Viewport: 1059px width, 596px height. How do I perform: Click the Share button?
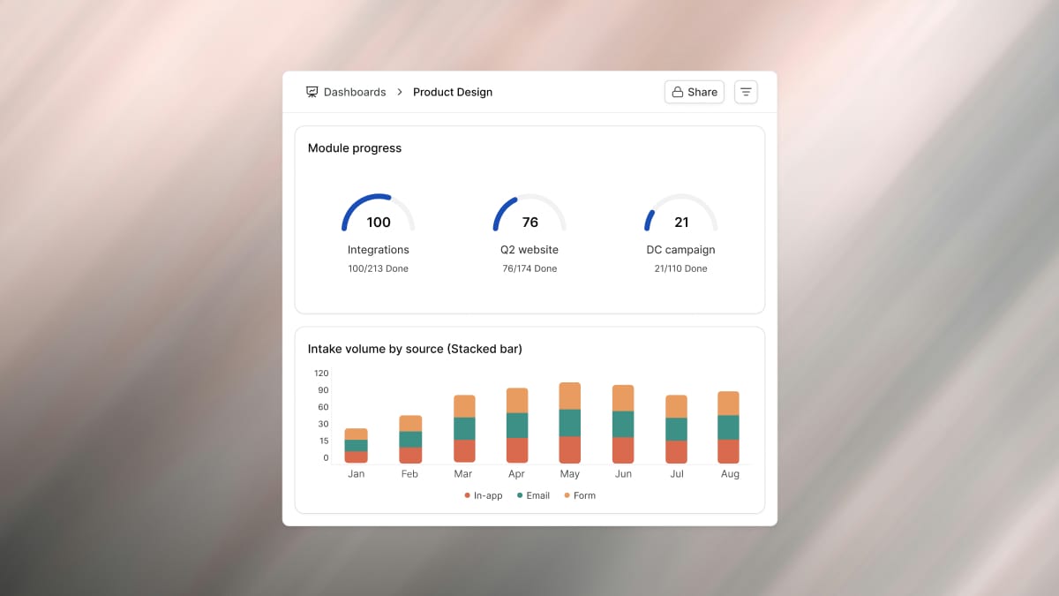(694, 92)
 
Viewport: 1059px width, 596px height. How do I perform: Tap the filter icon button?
(746, 92)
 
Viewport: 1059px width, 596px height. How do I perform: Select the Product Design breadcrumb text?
(453, 92)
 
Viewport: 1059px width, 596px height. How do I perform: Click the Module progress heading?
(355, 148)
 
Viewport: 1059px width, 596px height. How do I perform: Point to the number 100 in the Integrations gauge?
(379, 223)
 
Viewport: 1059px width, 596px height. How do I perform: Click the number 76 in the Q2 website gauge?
(530, 223)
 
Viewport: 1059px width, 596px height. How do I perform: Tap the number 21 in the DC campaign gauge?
(681, 223)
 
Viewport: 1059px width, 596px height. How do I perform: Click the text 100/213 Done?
(379, 268)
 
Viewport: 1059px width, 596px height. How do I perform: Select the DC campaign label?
(680, 250)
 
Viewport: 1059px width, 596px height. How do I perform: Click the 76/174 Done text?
(529, 268)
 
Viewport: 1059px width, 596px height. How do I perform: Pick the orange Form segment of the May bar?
(570, 396)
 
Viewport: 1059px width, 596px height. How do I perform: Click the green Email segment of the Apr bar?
(517, 426)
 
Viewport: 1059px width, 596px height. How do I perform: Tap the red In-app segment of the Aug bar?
(728, 451)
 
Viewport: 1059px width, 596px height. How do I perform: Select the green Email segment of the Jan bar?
(356, 446)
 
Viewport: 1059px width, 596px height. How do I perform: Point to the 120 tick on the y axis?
(321, 373)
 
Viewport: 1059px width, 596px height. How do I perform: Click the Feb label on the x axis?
(409, 474)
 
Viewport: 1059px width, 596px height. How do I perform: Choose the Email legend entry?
(533, 495)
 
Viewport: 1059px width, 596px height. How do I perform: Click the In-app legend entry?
(484, 495)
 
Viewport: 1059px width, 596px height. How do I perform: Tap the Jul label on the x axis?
(677, 474)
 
